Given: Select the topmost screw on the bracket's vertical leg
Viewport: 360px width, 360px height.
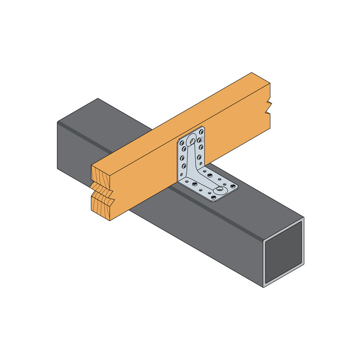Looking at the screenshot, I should click(x=201, y=132).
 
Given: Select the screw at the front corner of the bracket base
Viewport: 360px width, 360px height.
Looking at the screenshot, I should click(x=214, y=197).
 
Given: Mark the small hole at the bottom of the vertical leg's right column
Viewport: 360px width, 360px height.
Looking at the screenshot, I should click(x=201, y=163).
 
